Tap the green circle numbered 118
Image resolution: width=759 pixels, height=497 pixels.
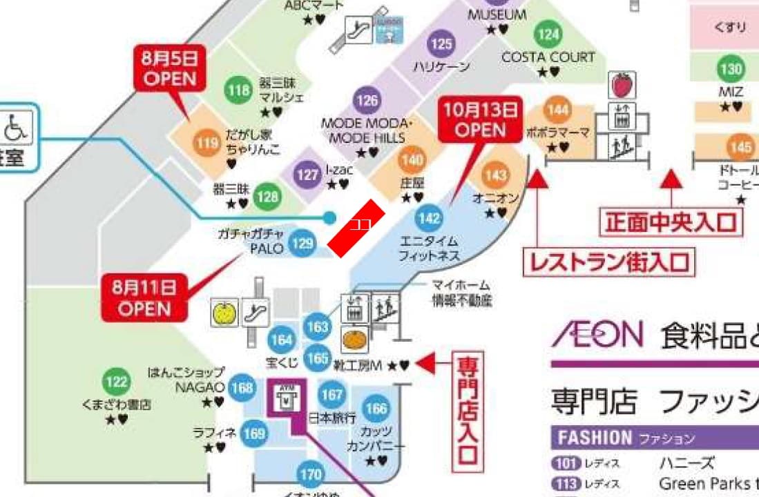pos(238,90)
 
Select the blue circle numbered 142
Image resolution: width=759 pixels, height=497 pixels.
pos(429,219)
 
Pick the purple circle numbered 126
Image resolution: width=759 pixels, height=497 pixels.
pos(367,101)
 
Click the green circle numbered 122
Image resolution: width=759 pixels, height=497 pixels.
pos(117,382)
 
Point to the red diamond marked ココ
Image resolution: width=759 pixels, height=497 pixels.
pos(356,227)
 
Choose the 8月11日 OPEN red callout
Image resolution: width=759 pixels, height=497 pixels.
pos(144,297)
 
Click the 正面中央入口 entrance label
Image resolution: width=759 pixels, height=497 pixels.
pos(670,222)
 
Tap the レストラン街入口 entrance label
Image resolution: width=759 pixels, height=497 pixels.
pos(608,262)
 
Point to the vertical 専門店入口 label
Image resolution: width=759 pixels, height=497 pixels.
pos(468,409)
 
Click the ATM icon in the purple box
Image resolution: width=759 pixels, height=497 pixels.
pos(284,398)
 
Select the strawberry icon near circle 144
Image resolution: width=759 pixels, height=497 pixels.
pos(620,86)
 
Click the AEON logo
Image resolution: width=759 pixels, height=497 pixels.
pos(597,336)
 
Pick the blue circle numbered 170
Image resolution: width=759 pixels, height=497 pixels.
pos(311,475)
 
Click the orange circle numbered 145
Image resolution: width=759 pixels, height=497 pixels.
pos(740,147)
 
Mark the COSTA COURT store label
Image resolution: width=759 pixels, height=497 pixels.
pos(548,57)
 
